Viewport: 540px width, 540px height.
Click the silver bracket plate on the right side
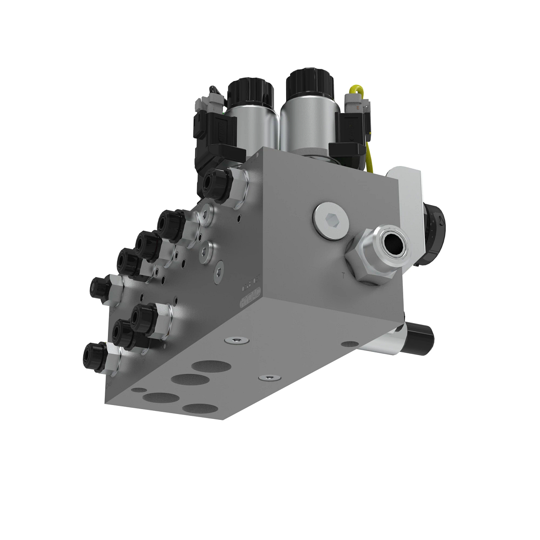(410, 198)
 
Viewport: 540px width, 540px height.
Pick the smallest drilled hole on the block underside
(141, 390)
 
